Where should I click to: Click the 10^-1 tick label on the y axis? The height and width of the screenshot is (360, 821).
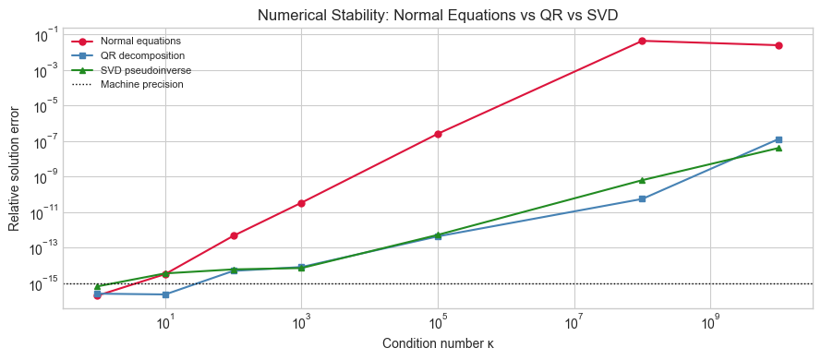click(42, 35)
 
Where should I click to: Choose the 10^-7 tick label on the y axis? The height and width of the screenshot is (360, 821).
click(42, 142)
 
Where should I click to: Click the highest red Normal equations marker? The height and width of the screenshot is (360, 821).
click(642, 41)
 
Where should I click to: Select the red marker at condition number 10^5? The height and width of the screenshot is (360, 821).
click(438, 134)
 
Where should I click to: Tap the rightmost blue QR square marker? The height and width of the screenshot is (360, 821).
click(779, 139)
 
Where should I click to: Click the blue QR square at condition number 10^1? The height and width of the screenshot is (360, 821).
click(165, 294)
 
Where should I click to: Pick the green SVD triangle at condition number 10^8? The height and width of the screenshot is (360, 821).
click(642, 180)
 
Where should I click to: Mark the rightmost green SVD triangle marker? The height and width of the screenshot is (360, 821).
click(779, 148)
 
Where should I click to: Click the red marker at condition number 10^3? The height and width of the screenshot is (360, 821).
click(301, 203)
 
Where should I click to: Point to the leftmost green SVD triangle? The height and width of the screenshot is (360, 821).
click(97, 286)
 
